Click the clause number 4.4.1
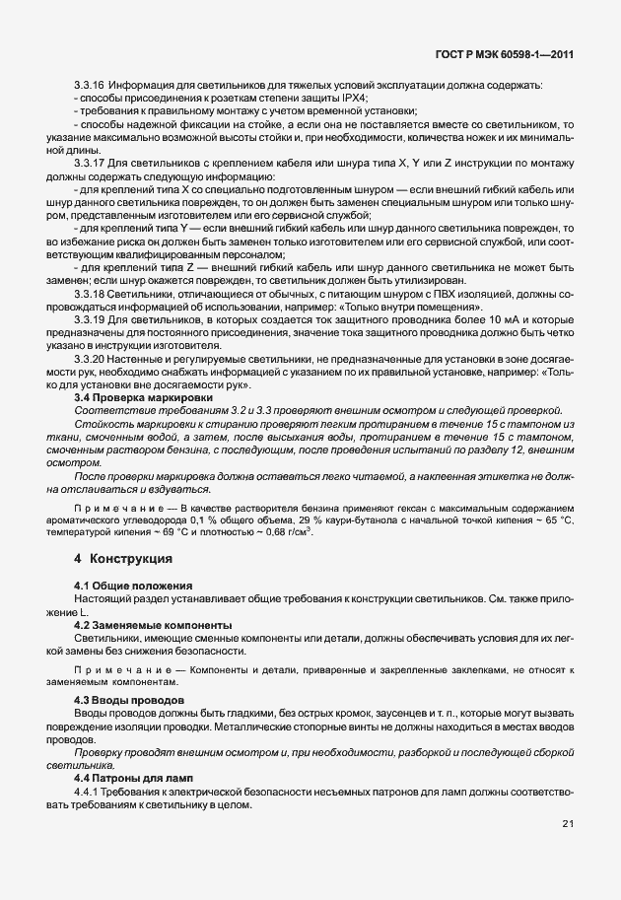pyautogui.click(x=89, y=792)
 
